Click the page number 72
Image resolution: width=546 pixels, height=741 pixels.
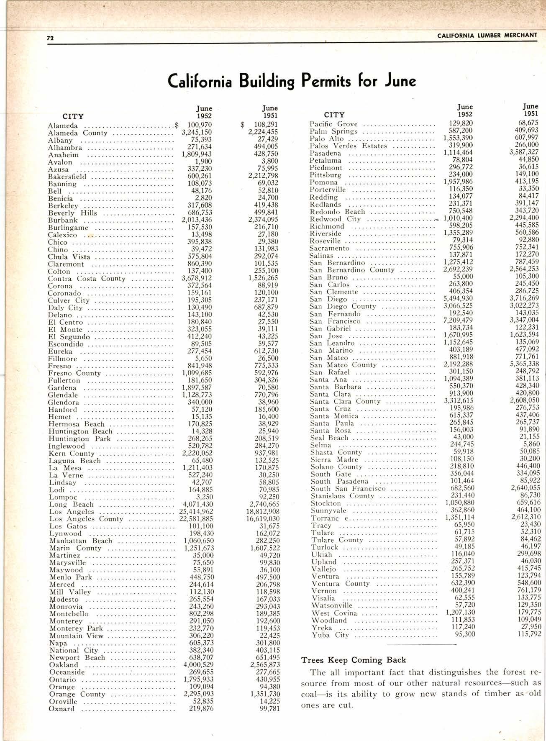[x=50, y=38]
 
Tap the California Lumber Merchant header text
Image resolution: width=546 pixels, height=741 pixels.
[x=487, y=35]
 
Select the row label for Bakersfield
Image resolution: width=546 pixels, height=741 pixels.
[x=67, y=177]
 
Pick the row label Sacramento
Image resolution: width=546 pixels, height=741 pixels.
[x=329, y=248]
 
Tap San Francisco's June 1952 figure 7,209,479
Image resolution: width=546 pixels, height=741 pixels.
[x=458, y=321]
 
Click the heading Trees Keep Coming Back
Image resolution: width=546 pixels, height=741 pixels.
[x=354, y=660]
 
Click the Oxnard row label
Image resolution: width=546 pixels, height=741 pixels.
[x=62, y=709]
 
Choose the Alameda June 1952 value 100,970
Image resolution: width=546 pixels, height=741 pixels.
[x=199, y=125]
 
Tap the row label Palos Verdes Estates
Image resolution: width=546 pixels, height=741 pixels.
[x=348, y=146]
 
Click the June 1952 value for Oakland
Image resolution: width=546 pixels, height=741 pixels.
[x=198, y=665]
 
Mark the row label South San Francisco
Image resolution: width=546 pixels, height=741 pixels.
[x=348, y=488]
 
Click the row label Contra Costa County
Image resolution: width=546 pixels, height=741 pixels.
[x=86, y=279]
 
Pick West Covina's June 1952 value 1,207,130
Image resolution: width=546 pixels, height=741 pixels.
[x=459, y=613]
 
